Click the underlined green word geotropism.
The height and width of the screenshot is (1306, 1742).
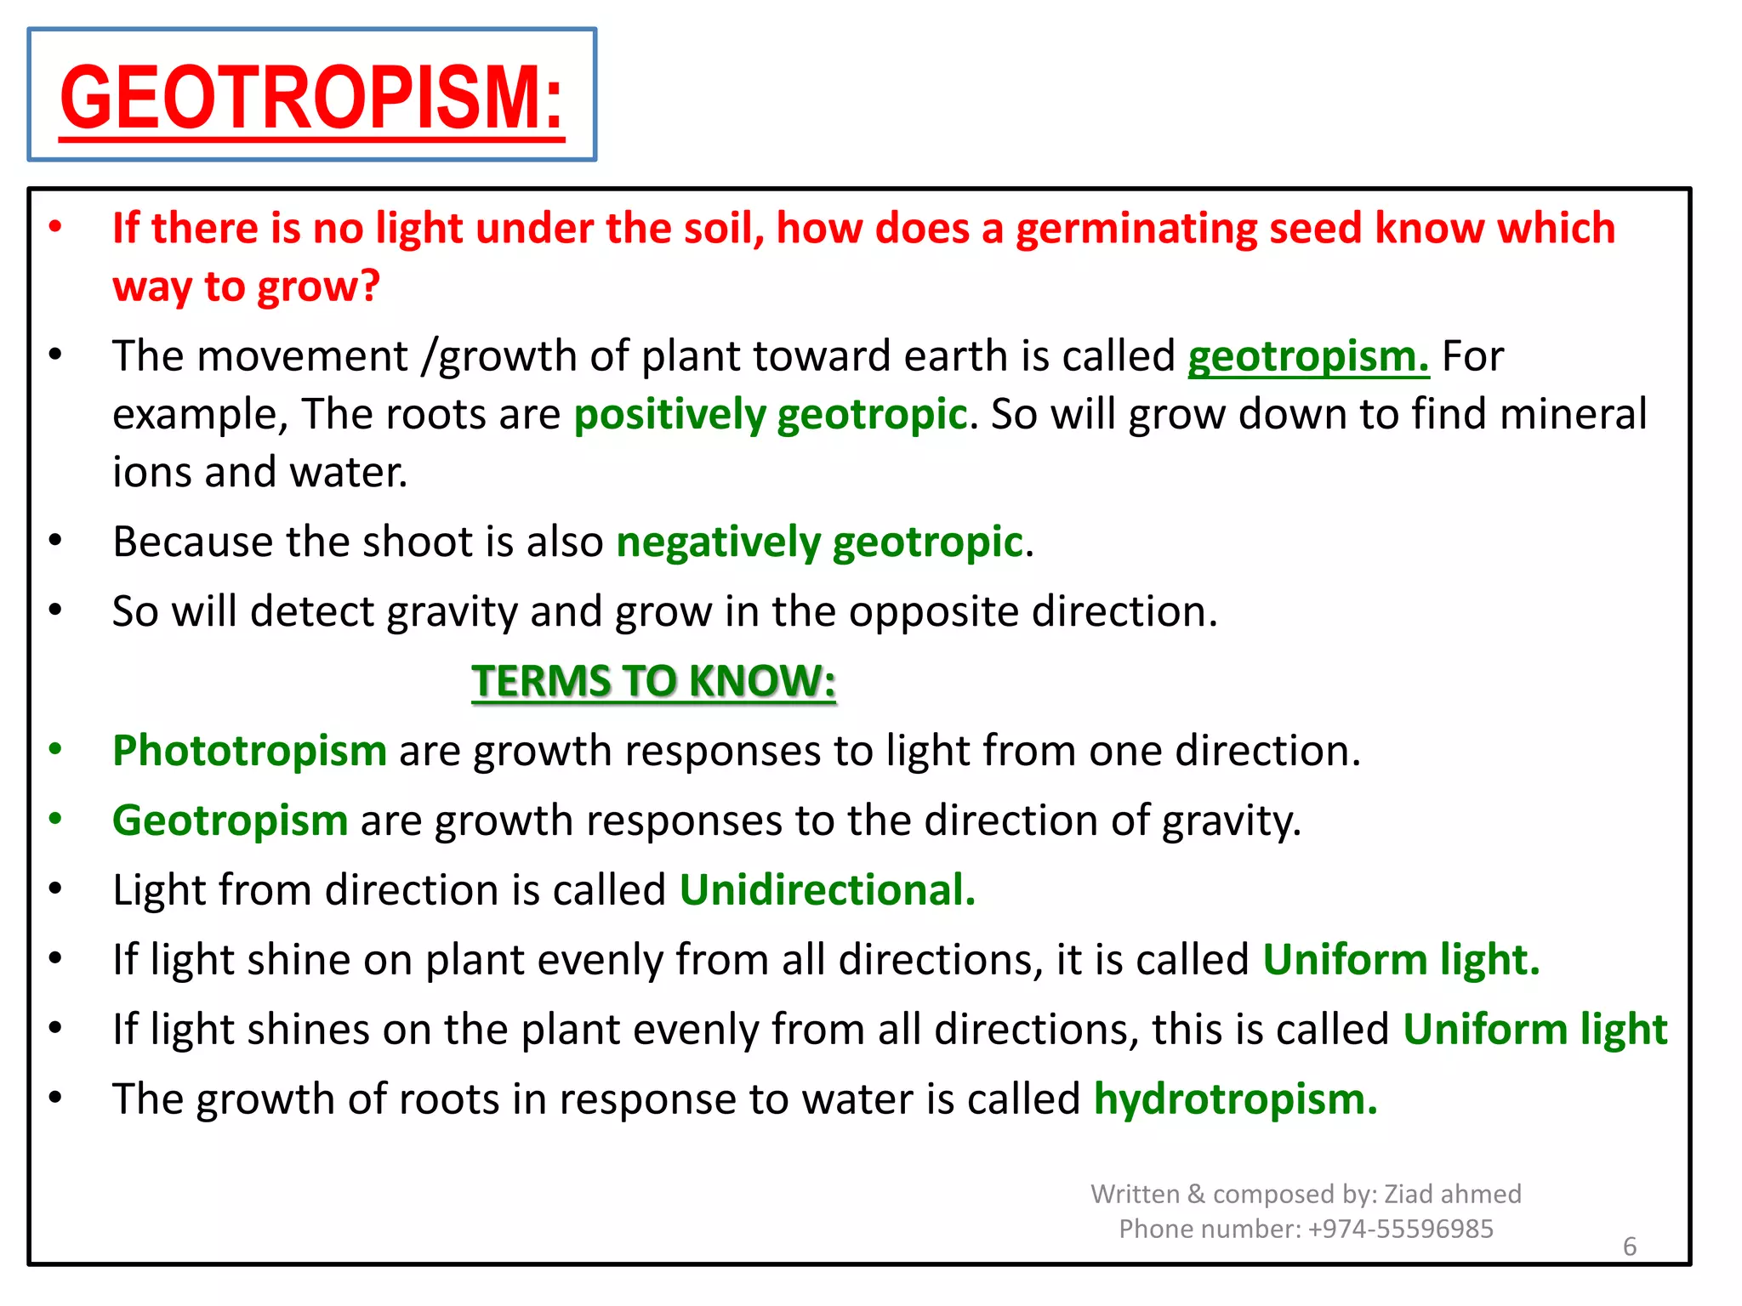coord(1308,356)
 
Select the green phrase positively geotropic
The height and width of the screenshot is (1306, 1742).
coord(770,415)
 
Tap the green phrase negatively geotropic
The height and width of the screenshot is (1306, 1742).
coord(819,542)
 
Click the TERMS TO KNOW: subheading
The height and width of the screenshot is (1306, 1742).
coord(653,681)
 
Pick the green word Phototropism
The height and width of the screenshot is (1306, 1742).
coord(249,751)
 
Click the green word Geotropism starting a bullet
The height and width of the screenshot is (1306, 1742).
coord(230,821)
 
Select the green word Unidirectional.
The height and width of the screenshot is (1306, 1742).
coord(827,890)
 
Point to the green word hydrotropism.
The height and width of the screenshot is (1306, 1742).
coord(1235,1099)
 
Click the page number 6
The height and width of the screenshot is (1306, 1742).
coord(1629,1246)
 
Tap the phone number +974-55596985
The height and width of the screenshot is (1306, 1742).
coord(1400,1229)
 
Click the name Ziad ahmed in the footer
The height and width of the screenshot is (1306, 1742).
coord(1452,1194)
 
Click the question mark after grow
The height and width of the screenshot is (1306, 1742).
coord(369,286)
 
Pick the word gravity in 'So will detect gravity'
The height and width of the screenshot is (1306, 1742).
coord(451,612)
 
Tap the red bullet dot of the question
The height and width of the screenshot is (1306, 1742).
coord(55,226)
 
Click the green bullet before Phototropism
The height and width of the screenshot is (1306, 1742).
coord(55,749)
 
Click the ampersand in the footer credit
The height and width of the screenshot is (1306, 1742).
coord(1195,1194)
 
